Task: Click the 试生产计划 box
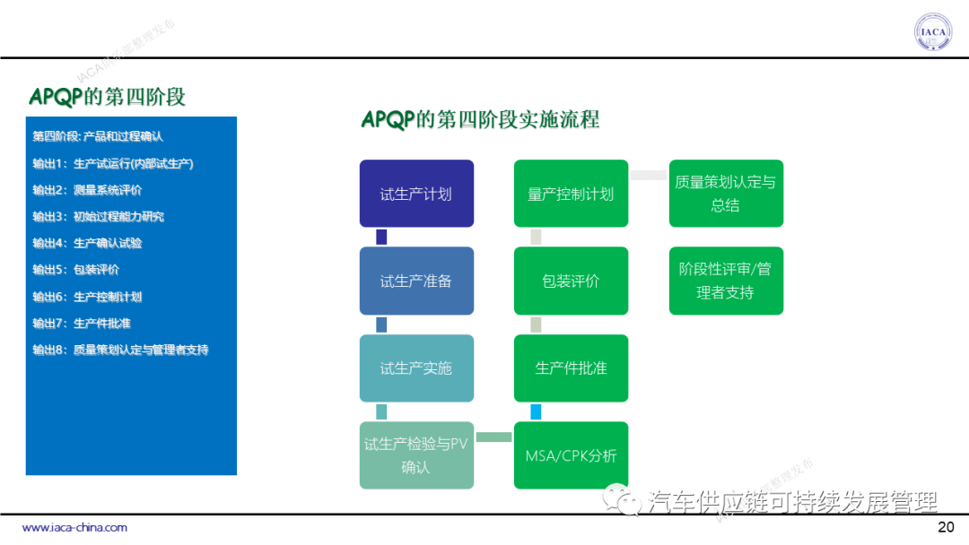416,194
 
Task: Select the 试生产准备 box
416,281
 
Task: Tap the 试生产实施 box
416,368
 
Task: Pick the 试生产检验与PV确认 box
416,455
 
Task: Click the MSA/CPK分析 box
571,455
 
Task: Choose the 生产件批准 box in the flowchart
571,368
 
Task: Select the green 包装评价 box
571,281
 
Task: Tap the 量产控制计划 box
571,194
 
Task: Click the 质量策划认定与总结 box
726,194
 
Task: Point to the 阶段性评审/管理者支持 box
726,281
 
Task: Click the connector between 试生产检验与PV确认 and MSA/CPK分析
493,437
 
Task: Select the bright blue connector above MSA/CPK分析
536,412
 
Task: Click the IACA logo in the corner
933,32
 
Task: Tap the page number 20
945,527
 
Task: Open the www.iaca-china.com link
74,528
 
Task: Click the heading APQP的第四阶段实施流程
480,120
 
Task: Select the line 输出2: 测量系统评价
87,190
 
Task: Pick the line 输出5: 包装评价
76,270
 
